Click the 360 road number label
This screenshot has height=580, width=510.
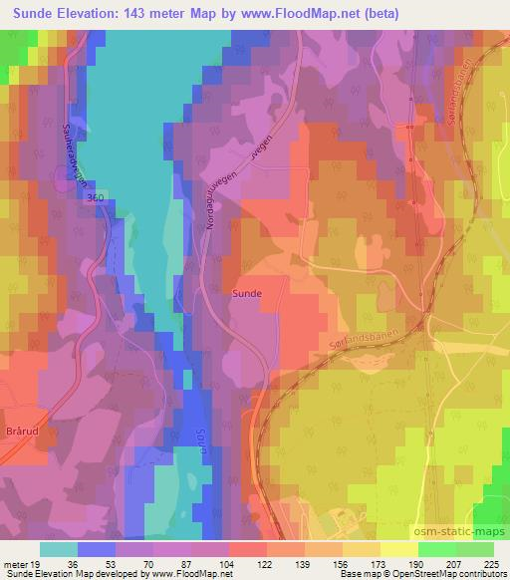point(96,198)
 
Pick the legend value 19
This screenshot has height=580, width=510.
point(37,564)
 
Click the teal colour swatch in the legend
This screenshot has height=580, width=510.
point(60,549)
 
